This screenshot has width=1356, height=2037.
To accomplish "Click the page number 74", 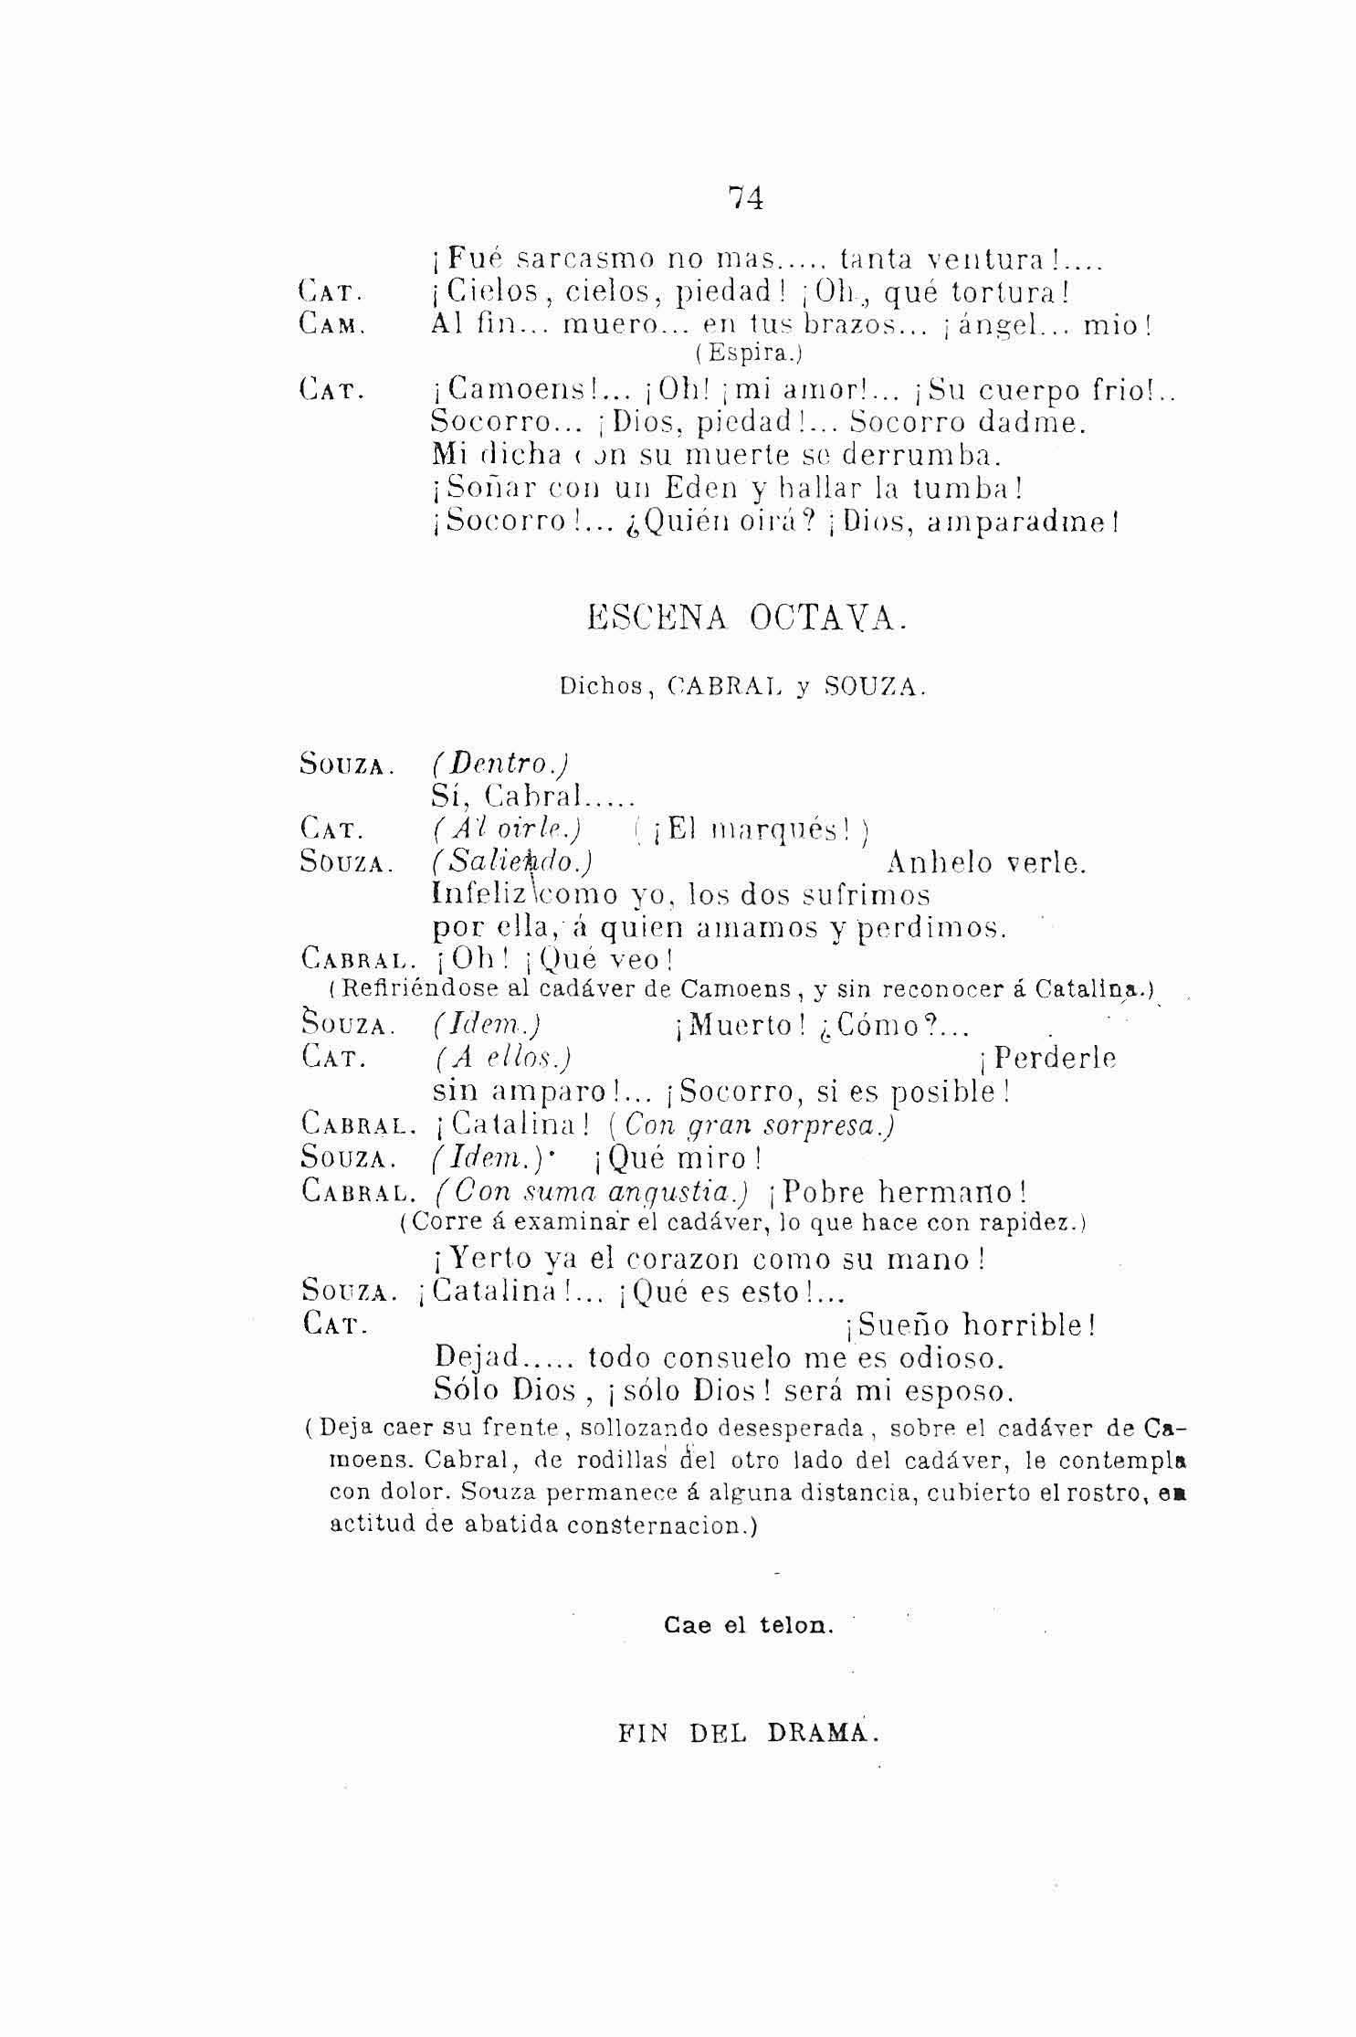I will tap(746, 198).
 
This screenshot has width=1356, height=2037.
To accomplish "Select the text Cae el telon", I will tap(748, 1626).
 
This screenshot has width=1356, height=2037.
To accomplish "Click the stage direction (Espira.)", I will tap(744, 352).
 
